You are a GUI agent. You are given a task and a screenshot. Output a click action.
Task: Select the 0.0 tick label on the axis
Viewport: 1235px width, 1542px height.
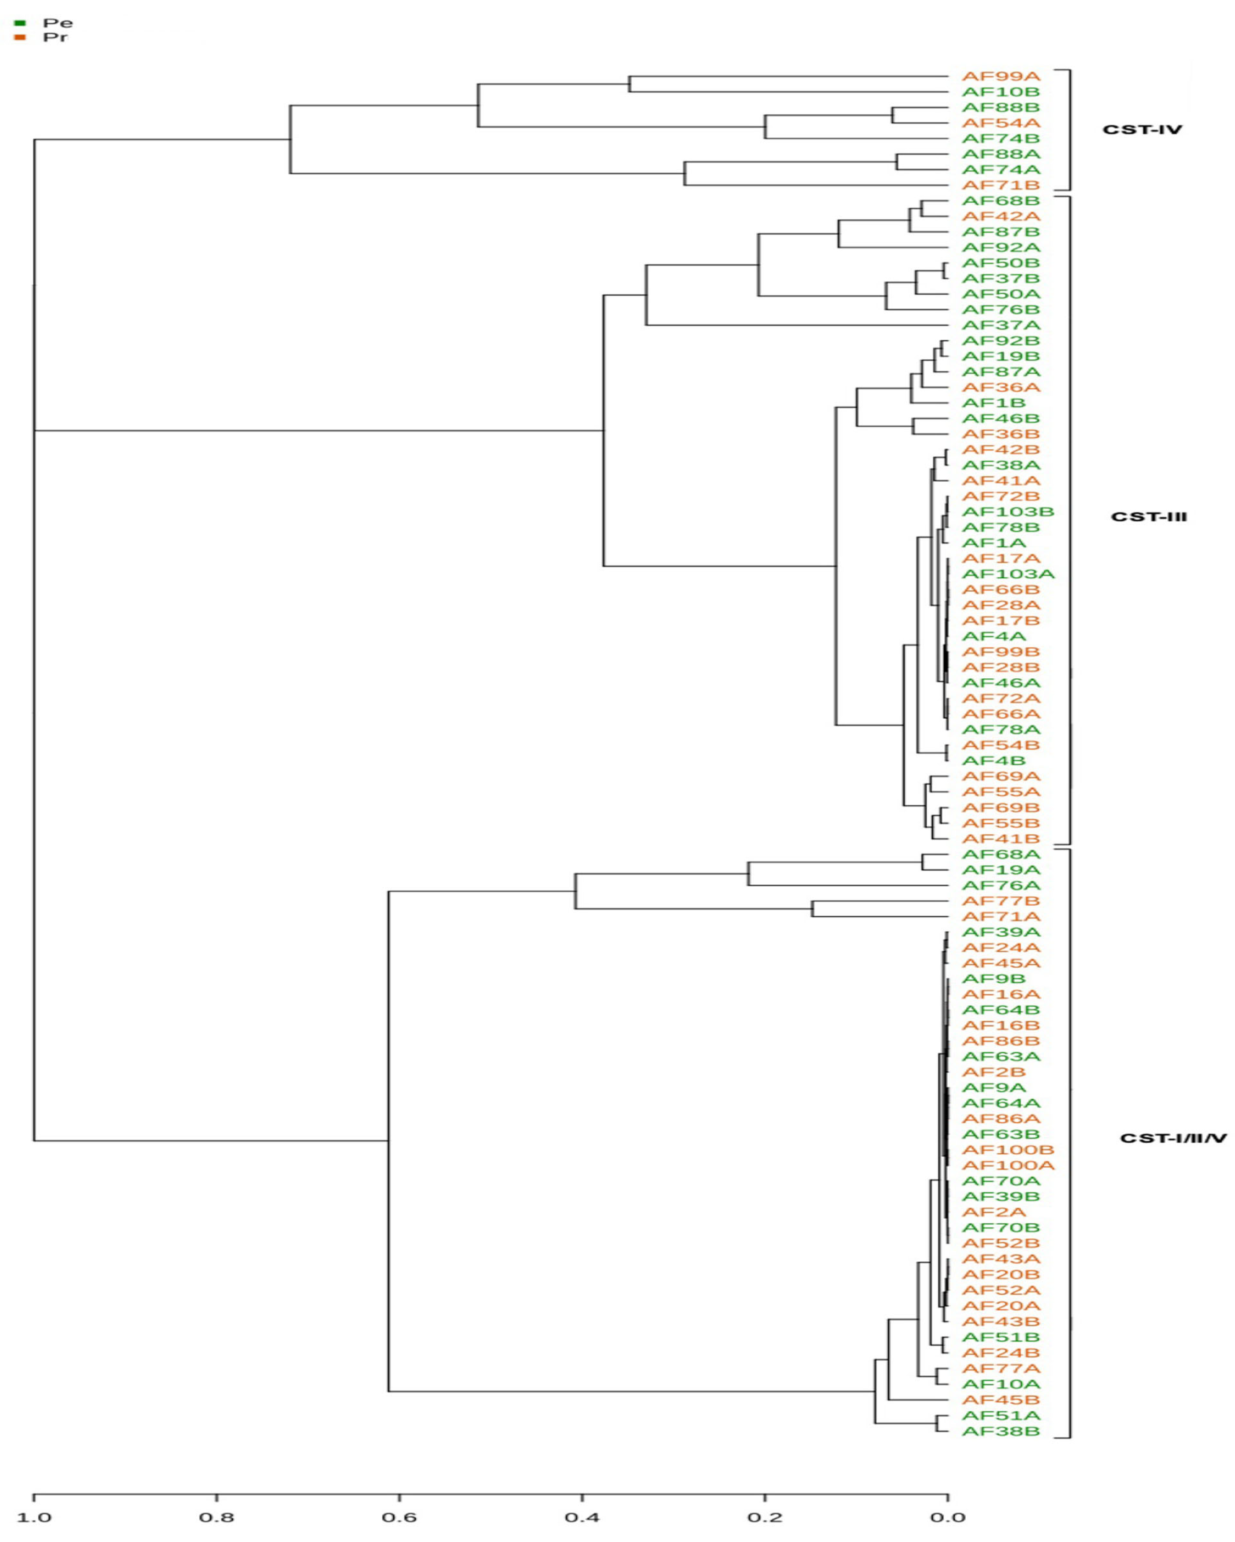948,1517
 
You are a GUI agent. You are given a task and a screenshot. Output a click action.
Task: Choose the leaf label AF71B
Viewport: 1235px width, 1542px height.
1000,185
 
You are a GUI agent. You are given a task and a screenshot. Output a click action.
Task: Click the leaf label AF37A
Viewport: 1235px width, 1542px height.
1000,326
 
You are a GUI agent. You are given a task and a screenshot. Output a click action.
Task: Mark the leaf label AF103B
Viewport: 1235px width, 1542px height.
1008,511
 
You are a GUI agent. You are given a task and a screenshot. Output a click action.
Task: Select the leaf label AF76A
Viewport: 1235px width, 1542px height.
1000,885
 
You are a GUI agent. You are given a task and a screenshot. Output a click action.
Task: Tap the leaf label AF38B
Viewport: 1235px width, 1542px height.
1000,1431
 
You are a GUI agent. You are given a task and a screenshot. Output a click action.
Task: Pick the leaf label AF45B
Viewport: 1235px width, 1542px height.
1000,1400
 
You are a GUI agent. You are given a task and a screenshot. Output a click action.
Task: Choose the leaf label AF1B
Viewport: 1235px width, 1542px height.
993,402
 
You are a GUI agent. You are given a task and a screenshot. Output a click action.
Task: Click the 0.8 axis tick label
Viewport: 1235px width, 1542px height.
217,1517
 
